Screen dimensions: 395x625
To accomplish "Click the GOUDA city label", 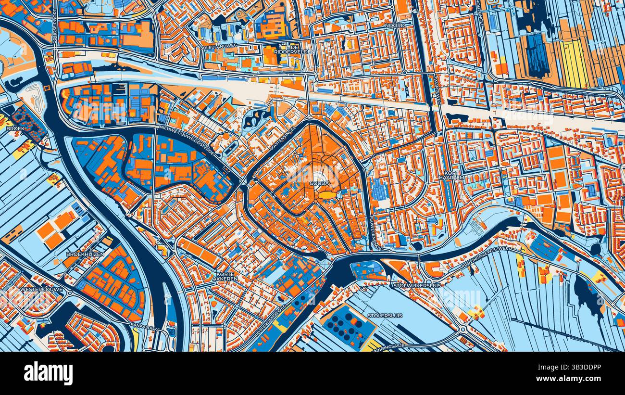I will pyautogui.click(x=319, y=184).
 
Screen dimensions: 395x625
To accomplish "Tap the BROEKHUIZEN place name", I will pyautogui.click(x=85, y=254).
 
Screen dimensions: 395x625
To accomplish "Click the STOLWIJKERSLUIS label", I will pyautogui.click(x=410, y=285).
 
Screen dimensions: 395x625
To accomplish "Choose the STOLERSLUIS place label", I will pyautogui.click(x=385, y=316).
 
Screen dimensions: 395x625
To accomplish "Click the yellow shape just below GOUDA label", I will pyautogui.click(x=327, y=195).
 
